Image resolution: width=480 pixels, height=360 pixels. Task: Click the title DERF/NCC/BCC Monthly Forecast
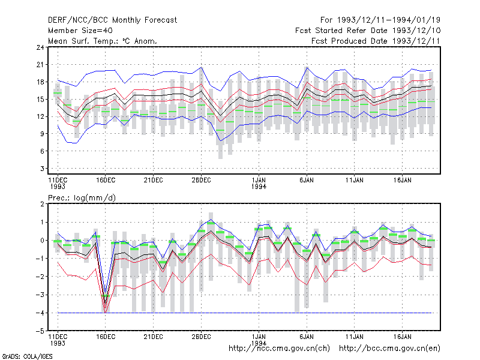click(112, 20)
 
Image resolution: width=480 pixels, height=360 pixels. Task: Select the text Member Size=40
click(80, 31)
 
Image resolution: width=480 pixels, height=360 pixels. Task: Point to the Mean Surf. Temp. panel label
click(103, 41)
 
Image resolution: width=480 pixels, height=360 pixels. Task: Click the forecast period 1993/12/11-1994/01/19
click(380, 20)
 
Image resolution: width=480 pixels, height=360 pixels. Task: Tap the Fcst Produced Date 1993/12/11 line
click(376, 41)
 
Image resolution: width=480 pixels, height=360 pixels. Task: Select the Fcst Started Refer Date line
click(368, 31)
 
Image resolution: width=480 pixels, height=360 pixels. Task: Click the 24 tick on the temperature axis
click(40, 47)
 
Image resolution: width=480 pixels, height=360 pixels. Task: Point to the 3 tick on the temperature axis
click(42, 169)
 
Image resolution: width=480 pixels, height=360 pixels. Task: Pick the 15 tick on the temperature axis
click(40, 99)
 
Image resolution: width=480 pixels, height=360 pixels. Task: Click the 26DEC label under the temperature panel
click(201, 181)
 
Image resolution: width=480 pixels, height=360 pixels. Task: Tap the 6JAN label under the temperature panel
click(307, 181)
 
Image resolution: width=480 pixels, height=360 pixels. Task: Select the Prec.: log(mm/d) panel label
click(82, 198)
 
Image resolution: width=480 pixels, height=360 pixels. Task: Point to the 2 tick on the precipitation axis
click(42, 204)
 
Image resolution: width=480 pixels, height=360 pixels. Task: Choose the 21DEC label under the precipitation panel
click(154, 337)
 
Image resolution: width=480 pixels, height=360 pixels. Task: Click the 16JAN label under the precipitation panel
click(402, 337)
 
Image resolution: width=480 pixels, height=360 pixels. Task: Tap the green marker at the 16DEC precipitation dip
click(106, 296)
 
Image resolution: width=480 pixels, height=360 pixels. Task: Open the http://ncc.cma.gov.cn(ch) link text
click(279, 349)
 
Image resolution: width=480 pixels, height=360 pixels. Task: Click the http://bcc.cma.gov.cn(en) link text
click(389, 349)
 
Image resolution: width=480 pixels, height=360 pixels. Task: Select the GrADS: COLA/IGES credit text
click(27, 356)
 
